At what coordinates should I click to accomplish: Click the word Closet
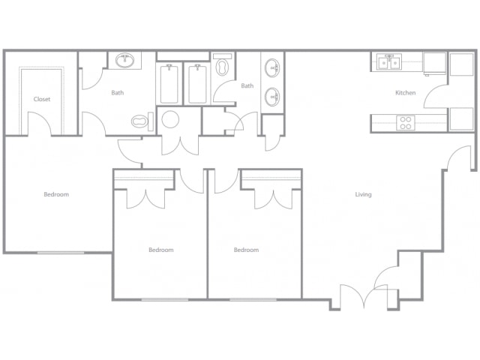click(x=42, y=99)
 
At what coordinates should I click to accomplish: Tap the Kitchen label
click(x=405, y=93)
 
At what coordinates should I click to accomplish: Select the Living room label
click(x=363, y=194)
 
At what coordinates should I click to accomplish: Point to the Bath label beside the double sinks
click(x=247, y=85)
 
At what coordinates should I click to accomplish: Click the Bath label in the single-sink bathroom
click(x=118, y=92)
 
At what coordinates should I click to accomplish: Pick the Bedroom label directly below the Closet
click(x=56, y=194)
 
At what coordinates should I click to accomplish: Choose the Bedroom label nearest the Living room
click(x=246, y=250)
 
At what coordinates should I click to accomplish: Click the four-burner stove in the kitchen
click(x=406, y=123)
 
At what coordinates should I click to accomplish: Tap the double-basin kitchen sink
click(x=389, y=62)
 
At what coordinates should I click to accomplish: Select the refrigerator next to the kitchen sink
click(x=434, y=63)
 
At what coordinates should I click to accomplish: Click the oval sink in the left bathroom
click(x=124, y=60)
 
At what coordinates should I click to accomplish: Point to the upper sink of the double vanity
click(x=272, y=68)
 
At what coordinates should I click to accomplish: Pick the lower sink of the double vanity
click(x=272, y=97)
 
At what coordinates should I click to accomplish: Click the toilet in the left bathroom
click(x=142, y=121)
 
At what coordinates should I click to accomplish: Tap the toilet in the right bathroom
click(x=222, y=65)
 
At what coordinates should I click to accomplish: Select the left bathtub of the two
click(x=169, y=84)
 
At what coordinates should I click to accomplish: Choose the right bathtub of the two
click(x=197, y=84)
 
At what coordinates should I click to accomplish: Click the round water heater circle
click(x=170, y=119)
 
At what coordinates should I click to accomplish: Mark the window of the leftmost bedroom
click(x=61, y=253)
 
